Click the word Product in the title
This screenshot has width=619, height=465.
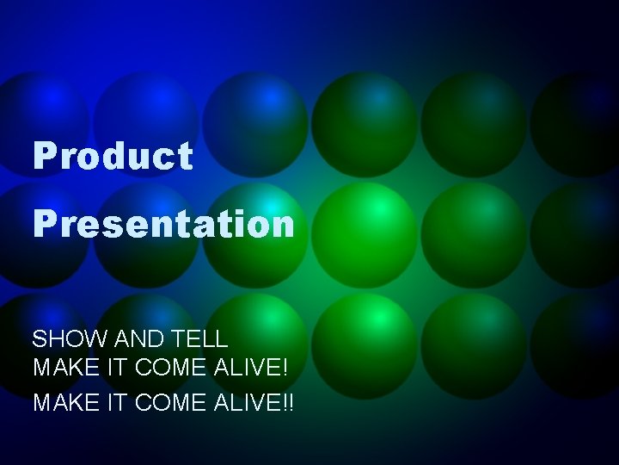point(113,157)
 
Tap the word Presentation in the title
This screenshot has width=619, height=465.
point(163,225)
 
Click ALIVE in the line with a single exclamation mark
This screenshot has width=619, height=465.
point(244,368)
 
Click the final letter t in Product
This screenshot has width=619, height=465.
point(185,157)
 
